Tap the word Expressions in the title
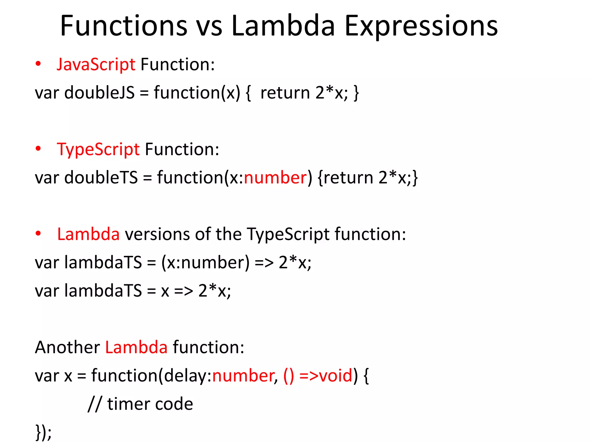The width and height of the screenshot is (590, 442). [421, 26]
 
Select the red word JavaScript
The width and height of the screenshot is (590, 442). [96, 64]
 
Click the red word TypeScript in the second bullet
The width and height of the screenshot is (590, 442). [98, 150]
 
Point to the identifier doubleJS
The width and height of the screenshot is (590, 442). [99, 93]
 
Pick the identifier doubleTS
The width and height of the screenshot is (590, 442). [101, 177]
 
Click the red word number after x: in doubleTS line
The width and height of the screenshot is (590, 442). [275, 177]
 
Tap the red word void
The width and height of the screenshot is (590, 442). [336, 376]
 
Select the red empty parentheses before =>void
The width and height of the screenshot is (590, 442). [289, 376]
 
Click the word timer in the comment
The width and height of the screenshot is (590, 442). [129, 404]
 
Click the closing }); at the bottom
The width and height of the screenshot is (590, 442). [43, 432]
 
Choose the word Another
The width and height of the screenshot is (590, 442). [67, 347]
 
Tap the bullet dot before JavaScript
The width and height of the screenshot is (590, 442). [38, 64]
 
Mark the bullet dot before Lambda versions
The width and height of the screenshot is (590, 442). [38, 234]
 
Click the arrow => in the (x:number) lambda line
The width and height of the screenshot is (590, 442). [264, 262]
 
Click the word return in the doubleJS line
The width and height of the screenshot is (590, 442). [285, 93]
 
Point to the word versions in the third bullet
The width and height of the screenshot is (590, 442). [157, 234]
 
